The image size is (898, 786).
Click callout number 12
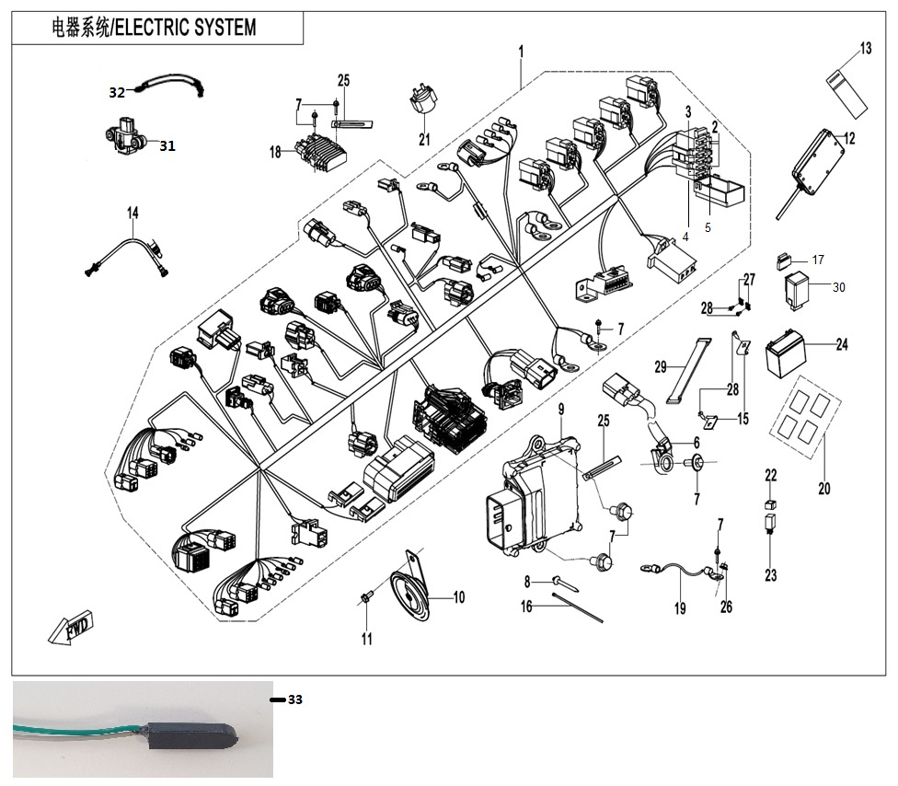click(x=848, y=138)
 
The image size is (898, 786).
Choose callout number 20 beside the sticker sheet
click(x=823, y=489)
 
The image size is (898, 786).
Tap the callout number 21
click(x=424, y=140)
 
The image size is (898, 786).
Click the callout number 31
click(x=167, y=145)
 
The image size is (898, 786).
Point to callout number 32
click(x=117, y=92)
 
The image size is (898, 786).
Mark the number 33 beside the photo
click(x=294, y=700)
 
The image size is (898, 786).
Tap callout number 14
click(x=133, y=214)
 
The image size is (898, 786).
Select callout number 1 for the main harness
click(x=522, y=50)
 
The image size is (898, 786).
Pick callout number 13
click(x=866, y=49)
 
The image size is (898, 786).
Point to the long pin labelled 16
click(x=579, y=607)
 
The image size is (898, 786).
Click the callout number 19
click(x=680, y=608)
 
